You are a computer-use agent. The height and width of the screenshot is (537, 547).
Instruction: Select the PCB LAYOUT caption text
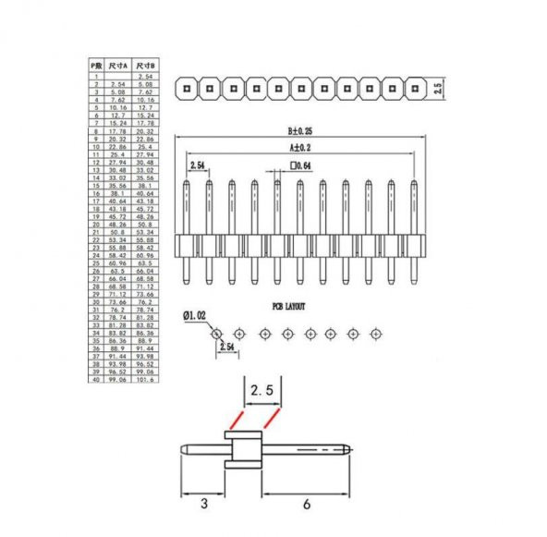[x=288, y=306]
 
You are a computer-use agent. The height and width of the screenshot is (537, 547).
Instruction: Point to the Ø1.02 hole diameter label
[x=194, y=316]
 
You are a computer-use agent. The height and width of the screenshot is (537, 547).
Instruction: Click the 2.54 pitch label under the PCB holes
[x=227, y=347]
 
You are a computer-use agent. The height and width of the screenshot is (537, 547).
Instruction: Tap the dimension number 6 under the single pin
[x=306, y=505]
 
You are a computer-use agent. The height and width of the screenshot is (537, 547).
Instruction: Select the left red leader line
[x=233, y=421]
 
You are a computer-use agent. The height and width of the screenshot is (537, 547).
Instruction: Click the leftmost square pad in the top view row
[x=187, y=89]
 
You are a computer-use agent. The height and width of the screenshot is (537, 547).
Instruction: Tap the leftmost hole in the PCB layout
[x=216, y=332]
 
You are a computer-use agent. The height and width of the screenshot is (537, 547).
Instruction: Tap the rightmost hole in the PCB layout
[x=376, y=332]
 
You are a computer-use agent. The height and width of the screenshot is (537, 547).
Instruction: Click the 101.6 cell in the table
[x=145, y=380]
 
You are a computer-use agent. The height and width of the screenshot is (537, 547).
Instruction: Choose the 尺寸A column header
[x=118, y=66]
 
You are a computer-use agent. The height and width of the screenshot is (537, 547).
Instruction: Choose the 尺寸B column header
[x=145, y=66]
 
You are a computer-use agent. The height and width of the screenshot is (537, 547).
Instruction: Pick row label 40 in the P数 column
[x=95, y=380]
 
